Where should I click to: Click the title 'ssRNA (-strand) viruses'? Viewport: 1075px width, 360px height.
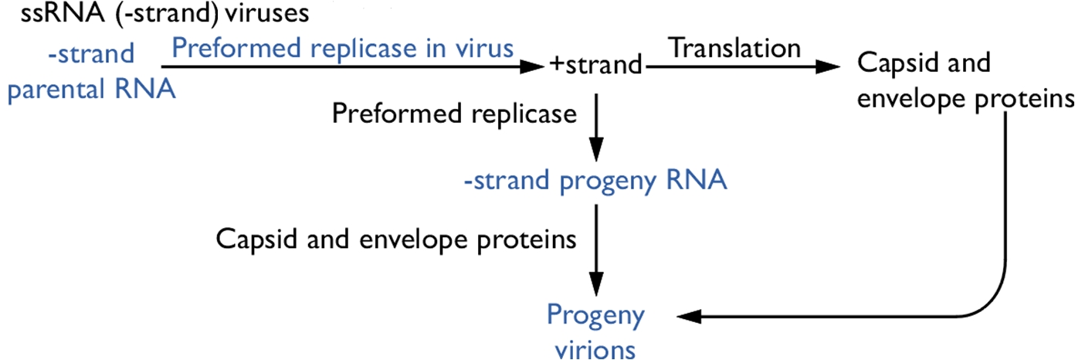click(164, 13)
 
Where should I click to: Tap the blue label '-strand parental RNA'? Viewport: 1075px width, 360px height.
click(91, 72)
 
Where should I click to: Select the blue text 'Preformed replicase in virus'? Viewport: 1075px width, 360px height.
click(343, 49)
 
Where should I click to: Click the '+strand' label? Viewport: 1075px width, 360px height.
click(595, 65)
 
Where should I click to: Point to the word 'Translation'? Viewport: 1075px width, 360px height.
click(734, 48)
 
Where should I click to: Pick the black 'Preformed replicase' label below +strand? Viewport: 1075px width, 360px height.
click(454, 114)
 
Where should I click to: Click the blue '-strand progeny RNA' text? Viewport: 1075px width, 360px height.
click(595, 182)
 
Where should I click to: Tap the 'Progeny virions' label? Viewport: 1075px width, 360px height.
click(595, 331)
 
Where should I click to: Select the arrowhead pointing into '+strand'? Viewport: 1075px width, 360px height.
click(532, 66)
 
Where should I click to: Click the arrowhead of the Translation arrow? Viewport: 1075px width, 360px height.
click(828, 66)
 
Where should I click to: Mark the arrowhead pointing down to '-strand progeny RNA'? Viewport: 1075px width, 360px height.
click(596, 149)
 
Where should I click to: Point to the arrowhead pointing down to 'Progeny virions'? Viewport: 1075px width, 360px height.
click(596, 284)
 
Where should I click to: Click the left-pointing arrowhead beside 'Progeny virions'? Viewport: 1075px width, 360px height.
click(689, 316)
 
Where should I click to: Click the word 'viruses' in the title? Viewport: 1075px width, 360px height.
click(267, 13)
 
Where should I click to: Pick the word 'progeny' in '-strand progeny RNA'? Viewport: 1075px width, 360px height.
click(608, 183)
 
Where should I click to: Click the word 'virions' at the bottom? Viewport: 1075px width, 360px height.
click(595, 349)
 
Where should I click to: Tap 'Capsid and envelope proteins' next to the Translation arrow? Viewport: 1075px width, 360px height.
click(965, 80)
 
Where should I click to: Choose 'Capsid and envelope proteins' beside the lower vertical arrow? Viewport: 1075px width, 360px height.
click(396, 239)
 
